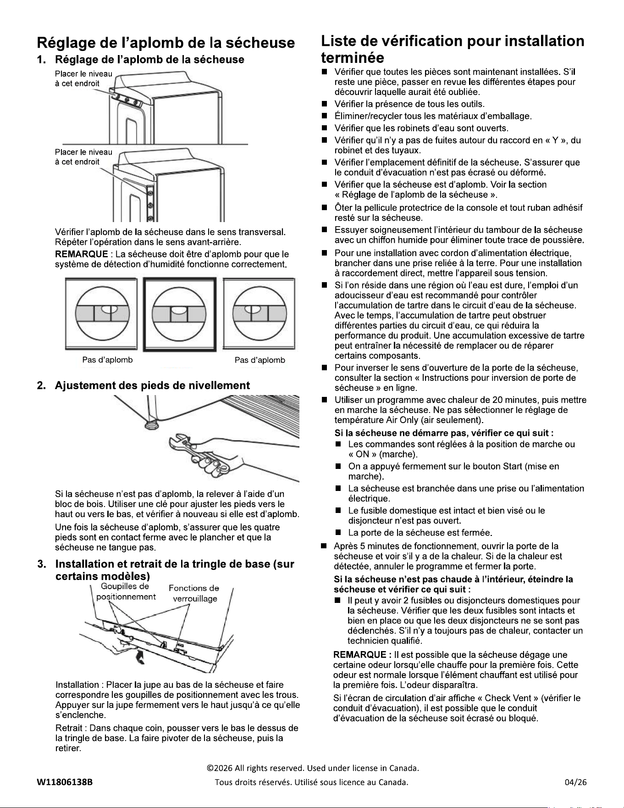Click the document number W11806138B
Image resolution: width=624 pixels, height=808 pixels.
coord(65,782)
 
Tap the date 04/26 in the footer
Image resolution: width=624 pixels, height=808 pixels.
coord(576,782)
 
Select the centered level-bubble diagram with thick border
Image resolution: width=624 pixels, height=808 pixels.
coord(179,314)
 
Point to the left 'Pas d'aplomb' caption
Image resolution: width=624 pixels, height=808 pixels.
coord(107,360)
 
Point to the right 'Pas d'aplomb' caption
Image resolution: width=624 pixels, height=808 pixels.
coord(260,360)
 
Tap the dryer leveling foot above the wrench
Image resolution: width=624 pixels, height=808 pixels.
coord(149,423)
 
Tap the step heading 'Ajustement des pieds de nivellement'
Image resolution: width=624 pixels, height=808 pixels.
coord(152,385)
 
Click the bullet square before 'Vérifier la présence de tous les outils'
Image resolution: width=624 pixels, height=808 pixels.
coord(324,105)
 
